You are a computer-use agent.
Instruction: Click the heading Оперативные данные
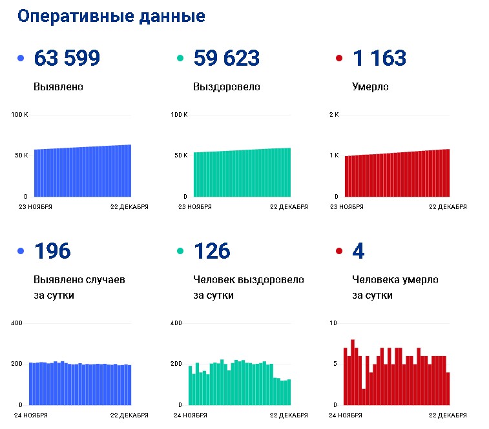111,16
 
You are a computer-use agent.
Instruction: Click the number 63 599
67,58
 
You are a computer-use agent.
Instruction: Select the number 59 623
226,58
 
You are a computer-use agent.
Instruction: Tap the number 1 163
380,58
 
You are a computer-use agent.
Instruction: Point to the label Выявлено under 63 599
58,86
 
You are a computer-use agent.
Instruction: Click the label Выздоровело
226,87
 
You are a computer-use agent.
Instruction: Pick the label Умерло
370,87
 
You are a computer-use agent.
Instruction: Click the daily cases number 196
53,251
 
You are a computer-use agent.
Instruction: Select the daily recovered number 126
212,251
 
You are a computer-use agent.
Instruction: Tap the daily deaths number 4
359,251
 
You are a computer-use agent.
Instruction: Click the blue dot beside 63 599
21,58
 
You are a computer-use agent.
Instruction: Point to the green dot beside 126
180,251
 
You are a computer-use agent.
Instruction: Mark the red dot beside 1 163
339,58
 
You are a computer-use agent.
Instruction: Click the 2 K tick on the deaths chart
334,115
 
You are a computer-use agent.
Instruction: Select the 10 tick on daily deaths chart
333,323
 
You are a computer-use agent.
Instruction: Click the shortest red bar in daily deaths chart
364,397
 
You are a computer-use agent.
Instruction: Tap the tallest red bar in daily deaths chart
353,372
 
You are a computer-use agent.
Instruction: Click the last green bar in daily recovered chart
289,392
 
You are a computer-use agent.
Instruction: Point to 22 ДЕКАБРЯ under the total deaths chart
448,207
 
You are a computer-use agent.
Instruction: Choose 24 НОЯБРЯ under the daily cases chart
31,415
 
